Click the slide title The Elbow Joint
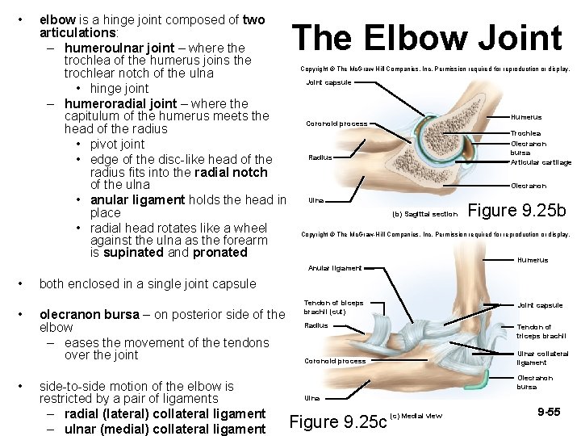(427, 39)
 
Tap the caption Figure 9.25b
(517, 211)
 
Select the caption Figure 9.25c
(337, 422)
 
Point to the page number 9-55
(549, 413)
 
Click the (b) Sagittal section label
(424, 215)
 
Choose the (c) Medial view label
(416, 416)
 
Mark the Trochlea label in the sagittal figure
(525, 133)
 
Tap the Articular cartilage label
(541, 162)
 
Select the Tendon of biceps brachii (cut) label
(333, 307)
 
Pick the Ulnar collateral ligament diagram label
(542, 358)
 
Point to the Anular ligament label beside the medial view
(334, 268)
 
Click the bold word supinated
(135, 253)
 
